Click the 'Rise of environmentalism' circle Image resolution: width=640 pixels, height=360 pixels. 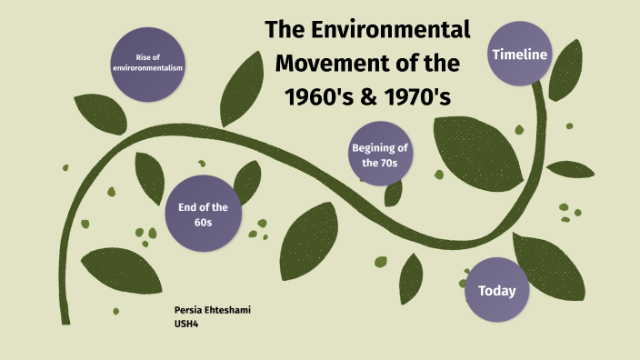[148, 62]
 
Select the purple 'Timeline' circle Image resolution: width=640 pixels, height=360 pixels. [519, 54]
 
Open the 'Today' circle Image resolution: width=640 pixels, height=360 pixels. [496, 291]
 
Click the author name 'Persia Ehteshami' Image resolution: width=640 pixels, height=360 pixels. [212, 311]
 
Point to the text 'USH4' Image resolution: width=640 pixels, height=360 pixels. [186, 323]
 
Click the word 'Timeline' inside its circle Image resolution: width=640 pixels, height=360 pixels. [519, 54]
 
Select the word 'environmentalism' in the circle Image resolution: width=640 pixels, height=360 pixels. [148, 68]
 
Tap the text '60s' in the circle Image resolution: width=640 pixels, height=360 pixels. [197, 222]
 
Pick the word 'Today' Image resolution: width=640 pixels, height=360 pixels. [496, 291]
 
